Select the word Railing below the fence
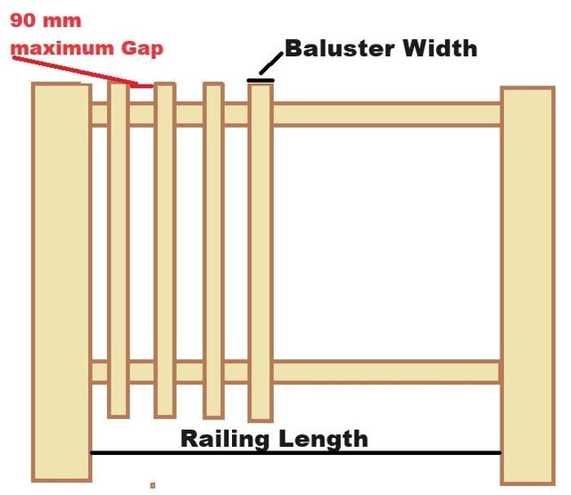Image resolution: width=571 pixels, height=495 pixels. (x=226, y=439)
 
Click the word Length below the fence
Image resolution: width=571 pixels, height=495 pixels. (x=323, y=439)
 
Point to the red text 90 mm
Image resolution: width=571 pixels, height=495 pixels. (x=46, y=21)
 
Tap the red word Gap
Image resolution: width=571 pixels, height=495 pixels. (x=142, y=49)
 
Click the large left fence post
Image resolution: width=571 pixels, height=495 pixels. (x=62, y=282)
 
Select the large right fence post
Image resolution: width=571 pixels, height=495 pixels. (x=527, y=285)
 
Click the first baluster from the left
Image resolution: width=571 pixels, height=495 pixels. (x=119, y=250)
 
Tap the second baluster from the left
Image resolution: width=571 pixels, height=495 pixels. (x=165, y=251)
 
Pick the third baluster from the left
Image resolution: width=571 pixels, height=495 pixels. (x=213, y=251)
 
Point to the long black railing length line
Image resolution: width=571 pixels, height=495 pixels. (x=295, y=453)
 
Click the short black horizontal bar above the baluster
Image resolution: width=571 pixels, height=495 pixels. (x=261, y=80)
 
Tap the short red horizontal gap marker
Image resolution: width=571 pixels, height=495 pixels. (x=142, y=87)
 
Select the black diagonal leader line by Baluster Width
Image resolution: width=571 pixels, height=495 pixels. (x=271, y=63)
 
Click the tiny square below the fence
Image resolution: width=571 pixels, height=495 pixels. (x=153, y=485)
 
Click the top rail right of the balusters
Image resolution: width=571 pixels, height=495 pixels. (x=387, y=114)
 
